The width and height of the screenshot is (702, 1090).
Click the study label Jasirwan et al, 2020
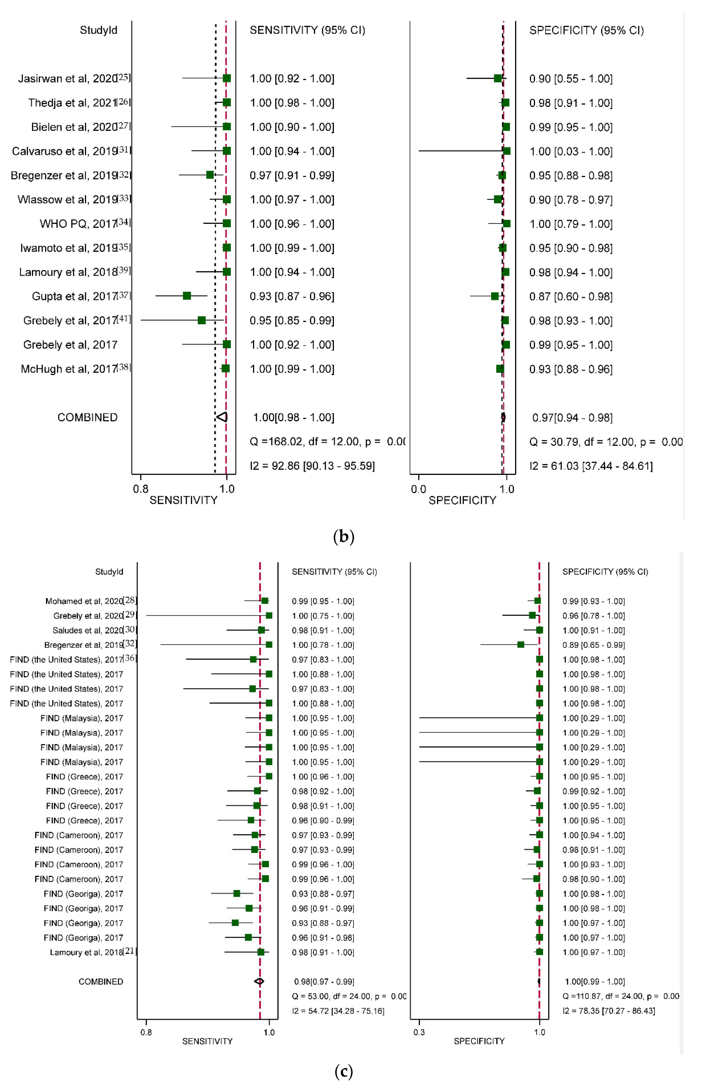pyautogui.click(x=68, y=78)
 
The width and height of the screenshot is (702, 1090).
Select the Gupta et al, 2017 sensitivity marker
pyautogui.click(x=187, y=296)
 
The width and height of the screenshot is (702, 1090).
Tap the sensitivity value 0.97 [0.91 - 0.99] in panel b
pyautogui.click(x=292, y=176)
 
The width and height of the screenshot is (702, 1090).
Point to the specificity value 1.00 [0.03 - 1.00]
pyautogui.click(x=571, y=151)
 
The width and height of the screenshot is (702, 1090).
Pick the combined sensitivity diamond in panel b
pyautogui.click(x=222, y=417)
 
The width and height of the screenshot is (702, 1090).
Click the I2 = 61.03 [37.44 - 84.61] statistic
pyautogui.click(x=591, y=466)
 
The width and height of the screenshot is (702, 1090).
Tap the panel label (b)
pyautogui.click(x=344, y=536)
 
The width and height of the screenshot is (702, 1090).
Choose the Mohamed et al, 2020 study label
pyautogui.click(x=84, y=601)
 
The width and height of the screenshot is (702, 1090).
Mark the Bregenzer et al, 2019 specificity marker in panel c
pyautogui.click(x=520, y=644)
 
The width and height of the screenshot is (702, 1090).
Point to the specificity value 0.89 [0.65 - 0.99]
pyautogui.click(x=594, y=645)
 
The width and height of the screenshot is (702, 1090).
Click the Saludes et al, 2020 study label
pyautogui.click(x=88, y=630)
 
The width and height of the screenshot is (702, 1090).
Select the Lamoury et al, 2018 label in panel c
pyautogui.click(x=87, y=952)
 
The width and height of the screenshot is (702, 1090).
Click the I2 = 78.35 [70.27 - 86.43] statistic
pyautogui.click(x=609, y=1011)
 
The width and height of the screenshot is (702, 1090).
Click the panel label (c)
pyautogui.click(x=344, y=1071)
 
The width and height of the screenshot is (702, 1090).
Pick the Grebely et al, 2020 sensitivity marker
pyautogui.click(x=269, y=616)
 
